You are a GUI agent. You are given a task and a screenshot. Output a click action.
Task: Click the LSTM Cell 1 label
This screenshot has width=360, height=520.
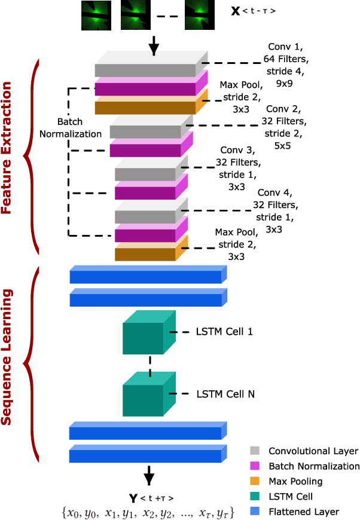pyautogui.click(x=224, y=331)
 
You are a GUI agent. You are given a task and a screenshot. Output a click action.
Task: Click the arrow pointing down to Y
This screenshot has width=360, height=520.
pyautogui.click(x=149, y=476)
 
